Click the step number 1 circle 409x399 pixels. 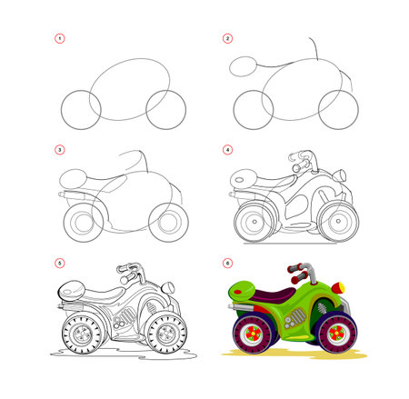coord(60,38)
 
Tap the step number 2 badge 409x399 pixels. coord(228,38)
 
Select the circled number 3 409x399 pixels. coord(60,149)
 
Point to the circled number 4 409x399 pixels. coord(228,149)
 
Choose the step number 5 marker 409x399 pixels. coord(60,264)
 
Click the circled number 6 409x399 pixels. coord(228,264)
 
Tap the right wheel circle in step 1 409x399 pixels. coord(165,109)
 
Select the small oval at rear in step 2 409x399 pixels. coord(245,65)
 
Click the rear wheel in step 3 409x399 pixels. coord(82,222)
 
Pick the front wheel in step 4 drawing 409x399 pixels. coord(335,221)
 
